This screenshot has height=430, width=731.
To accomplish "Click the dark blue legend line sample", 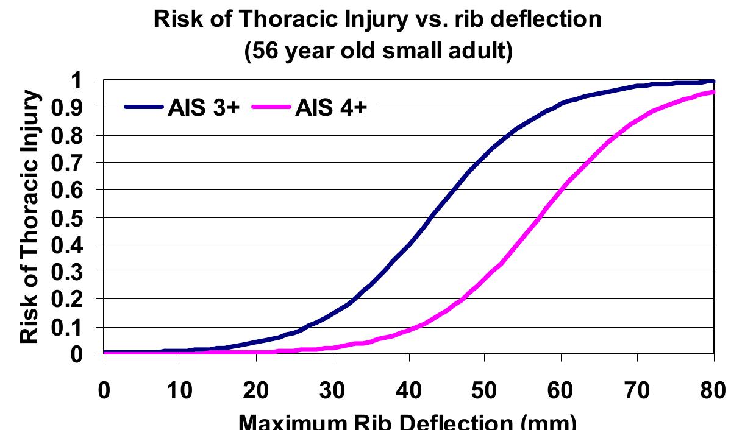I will point(144,108).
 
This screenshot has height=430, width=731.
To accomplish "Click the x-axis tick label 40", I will point(408,390).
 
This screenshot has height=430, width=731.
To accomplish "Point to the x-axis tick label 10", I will point(180,390).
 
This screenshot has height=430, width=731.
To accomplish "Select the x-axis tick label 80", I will point(712,390).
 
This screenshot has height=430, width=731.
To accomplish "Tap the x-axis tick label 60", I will point(560,390).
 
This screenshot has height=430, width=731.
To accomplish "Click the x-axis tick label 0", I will point(104,390).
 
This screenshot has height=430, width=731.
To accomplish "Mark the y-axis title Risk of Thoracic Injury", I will point(32,218).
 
